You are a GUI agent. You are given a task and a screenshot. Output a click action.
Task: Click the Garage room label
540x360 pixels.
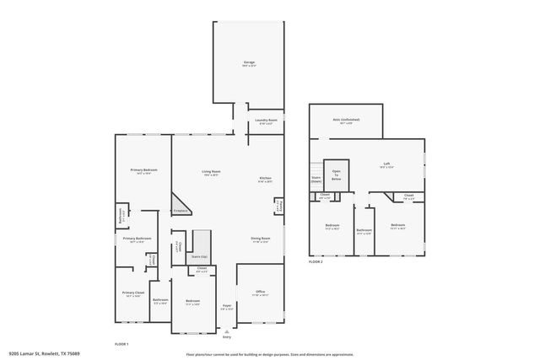click(250, 63)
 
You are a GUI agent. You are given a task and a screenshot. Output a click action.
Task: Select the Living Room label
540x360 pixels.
click(210, 173)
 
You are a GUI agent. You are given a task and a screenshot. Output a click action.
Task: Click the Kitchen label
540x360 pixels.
click(265, 179)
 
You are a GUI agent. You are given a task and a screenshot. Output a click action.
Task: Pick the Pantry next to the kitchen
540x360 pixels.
click(280, 207)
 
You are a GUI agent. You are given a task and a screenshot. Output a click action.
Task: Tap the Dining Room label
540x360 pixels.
click(260, 239)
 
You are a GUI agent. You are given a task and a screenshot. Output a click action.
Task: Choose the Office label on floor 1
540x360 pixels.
click(260, 293)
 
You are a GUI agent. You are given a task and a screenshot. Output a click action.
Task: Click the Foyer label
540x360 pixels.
click(227, 306)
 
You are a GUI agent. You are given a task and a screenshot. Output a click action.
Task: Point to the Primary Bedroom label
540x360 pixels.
click(143, 171)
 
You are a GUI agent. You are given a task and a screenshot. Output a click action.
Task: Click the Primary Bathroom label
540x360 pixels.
click(137, 239)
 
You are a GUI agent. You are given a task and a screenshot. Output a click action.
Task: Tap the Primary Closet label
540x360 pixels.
click(133, 293)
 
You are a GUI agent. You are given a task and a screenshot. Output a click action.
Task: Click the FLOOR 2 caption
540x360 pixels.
click(316, 262)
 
